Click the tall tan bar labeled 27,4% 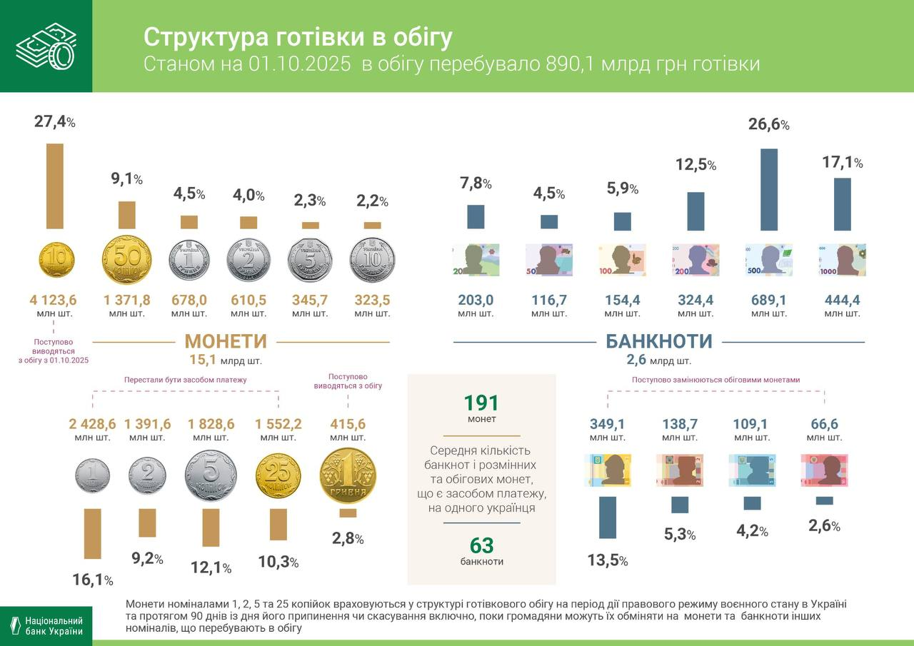point(55,186)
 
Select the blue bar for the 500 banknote point(769,189)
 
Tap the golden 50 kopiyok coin point(127,260)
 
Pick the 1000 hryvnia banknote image point(842,260)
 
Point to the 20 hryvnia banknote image point(476,260)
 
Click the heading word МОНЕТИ point(226,341)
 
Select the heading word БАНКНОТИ point(658,341)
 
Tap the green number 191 point(481,403)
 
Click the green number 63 point(481,546)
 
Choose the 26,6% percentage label point(768,125)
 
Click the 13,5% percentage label point(607,561)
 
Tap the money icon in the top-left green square point(46,46)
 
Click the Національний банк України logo point(46,626)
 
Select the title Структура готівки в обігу point(298,37)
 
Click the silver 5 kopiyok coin point(211,476)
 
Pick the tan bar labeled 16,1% point(93,533)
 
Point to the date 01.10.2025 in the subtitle point(300,64)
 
